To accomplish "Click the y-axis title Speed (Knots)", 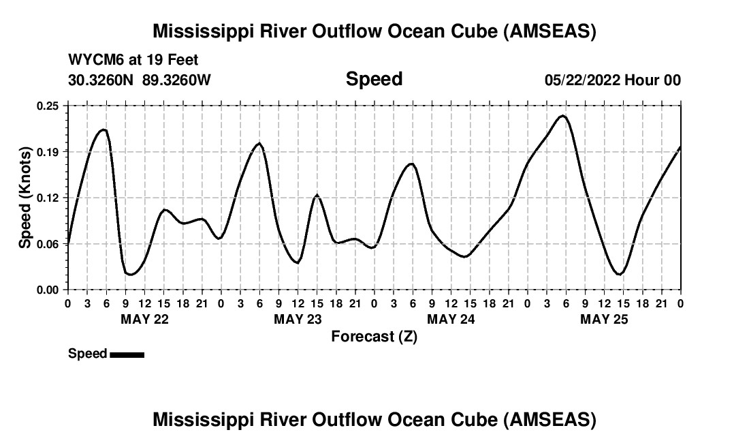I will coord(25,198).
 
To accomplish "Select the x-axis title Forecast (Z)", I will coord(374,337).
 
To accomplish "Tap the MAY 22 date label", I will coord(144,319).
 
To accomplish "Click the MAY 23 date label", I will coord(298,319).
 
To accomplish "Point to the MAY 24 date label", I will coord(451,319).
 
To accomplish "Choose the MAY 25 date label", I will coord(604,319).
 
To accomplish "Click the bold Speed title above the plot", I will coord(374,79).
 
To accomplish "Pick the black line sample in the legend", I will coord(127,354).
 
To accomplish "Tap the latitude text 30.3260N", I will coord(102,80).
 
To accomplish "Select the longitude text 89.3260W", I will coord(176,80).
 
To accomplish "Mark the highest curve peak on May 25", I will coord(562,116).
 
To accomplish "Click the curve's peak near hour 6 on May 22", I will coord(103,129).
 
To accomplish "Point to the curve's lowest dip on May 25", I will coord(618,274).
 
